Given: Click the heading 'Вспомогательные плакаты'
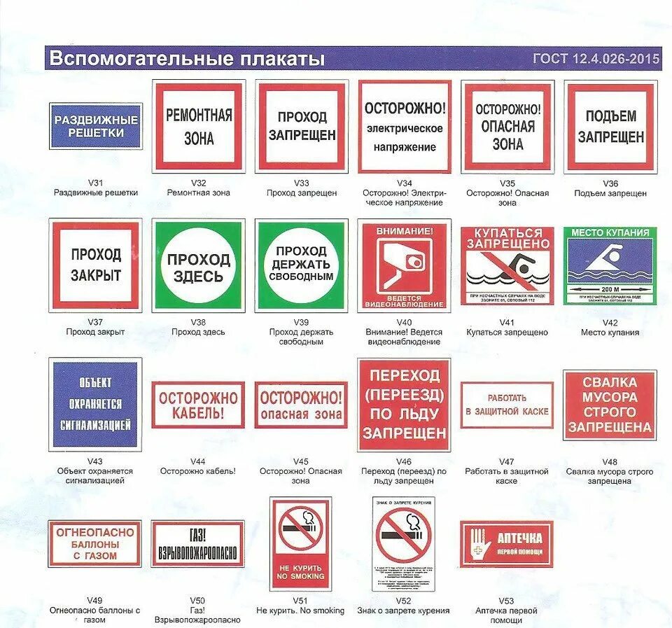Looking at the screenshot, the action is pos(188,59).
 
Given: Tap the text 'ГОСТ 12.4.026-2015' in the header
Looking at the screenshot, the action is pos(596,59).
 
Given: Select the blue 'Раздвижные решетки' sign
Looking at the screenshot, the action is pos(96,126).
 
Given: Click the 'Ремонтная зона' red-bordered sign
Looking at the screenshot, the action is pos(199,126).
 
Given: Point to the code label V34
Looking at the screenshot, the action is pos(404,183).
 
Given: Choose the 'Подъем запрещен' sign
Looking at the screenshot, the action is pos(610,126).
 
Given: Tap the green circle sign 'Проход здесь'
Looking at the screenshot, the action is pos(199,266).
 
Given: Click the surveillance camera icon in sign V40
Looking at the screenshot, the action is pos(405,265).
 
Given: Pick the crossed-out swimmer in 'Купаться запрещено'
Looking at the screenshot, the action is pos(507,266).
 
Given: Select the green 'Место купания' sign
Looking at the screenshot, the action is pos(610,266).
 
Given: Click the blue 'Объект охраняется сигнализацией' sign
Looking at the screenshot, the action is pos(95,404).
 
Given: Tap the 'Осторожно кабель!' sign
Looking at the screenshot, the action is pos(198,405).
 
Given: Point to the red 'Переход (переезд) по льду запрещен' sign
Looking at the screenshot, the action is pos(404,405).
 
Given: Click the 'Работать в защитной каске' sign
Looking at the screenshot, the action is pos(507,405).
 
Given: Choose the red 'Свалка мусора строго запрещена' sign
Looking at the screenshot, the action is pos(610,405).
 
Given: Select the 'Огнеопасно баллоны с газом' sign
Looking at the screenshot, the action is pos(95,543).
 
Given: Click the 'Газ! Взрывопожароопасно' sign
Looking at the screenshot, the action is pos(198,543).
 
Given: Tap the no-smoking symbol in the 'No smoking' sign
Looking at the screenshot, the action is pos(301,528).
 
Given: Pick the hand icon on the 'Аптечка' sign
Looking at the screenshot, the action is pos(479,543).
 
